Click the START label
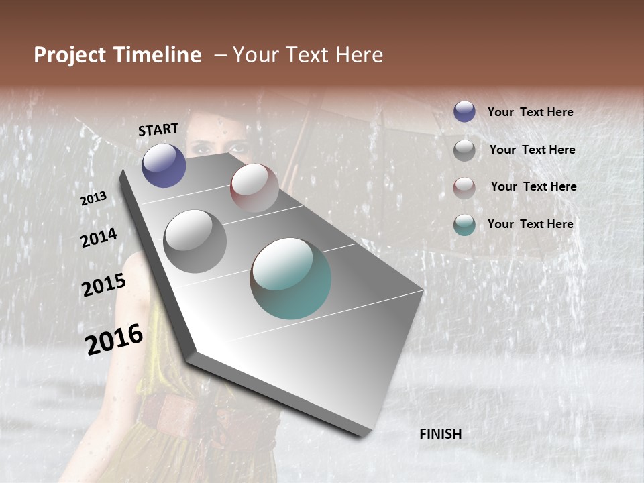pos(158,129)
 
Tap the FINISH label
pos(440,434)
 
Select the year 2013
pos(93,199)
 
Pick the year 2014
pos(99,237)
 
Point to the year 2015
pos(104,285)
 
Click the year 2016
pos(114,339)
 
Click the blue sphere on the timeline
pos(164,165)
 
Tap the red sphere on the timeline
pos(254,187)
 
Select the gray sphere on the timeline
pos(195,241)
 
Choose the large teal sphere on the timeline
pos(290,278)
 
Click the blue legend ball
pos(464,112)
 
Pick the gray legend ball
pos(464,150)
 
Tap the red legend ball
pos(464,188)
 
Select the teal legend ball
pos(464,225)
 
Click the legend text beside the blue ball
pos(530,113)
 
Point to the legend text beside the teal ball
pos(530,224)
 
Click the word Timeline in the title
pos(157,55)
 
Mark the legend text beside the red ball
pos(533,186)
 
